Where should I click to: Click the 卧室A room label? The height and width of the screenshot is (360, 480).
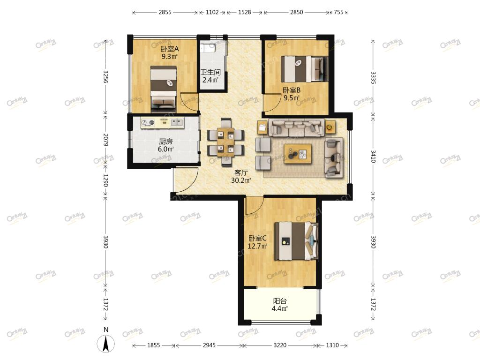click(170, 49)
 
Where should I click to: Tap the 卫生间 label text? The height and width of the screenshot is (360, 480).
click(210, 72)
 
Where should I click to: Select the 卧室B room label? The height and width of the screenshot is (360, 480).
click(292, 90)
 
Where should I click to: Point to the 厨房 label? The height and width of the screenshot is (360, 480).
click(165, 142)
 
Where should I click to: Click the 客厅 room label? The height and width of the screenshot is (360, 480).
click(241, 172)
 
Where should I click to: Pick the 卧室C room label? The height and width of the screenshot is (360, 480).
click(257, 238)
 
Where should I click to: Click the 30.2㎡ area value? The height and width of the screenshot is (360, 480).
click(241, 180)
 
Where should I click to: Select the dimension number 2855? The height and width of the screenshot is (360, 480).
click(165, 12)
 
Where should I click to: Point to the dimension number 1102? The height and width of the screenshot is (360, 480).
click(212, 12)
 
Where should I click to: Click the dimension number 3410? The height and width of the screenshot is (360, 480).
click(373, 156)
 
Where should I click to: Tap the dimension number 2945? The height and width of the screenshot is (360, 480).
click(209, 345)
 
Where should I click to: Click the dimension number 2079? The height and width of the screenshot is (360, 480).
click(105, 140)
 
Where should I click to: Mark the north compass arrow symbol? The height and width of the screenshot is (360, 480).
click(106, 344)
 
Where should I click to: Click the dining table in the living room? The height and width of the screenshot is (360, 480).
click(225, 142)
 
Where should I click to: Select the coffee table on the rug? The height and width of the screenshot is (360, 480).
click(298, 154)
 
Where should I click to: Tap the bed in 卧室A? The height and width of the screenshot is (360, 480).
click(164, 89)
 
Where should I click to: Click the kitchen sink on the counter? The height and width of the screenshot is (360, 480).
click(176, 123)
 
